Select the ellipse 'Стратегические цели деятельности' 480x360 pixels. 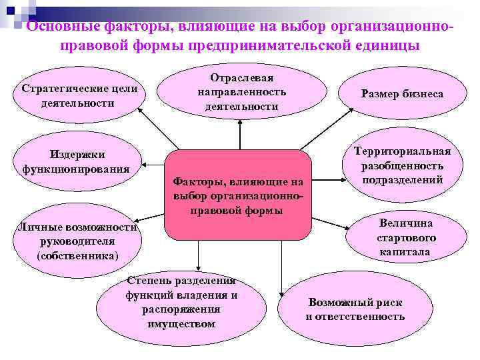(79, 95)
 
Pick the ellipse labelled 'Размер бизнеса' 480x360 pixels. (402, 94)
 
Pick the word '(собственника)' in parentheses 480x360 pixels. (78, 255)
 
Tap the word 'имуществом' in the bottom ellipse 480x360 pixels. (181, 324)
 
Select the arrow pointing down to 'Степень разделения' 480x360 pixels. (198, 257)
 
